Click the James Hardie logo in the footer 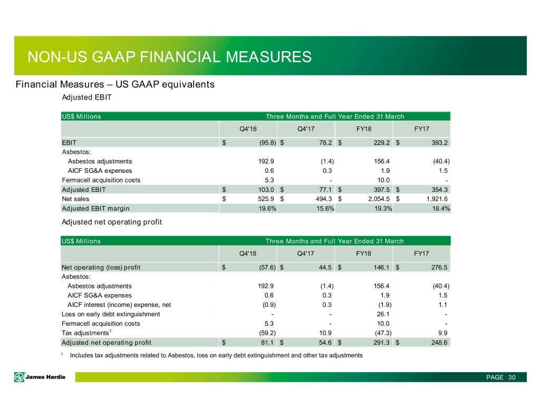[x=40, y=377]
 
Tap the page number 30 [x=512, y=377]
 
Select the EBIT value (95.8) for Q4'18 [x=267, y=142]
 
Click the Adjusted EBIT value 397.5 [x=382, y=190]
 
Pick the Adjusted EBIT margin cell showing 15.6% [x=325, y=208]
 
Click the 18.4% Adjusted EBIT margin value [x=441, y=208]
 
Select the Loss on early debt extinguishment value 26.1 [x=383, y=314]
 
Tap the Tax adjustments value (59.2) [x=267, y=333]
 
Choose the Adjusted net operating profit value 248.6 [x=439, y=343]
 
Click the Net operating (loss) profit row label [x=101, y=268]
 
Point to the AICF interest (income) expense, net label [x=119, y=305]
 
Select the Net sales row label [x=75, y=199]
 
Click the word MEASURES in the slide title [x=268, y=57]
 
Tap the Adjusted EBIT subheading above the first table [x=87, y=98]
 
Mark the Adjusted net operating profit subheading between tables [x=112, y=222]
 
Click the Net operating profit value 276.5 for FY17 [x=439, y=268]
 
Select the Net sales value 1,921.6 [x=436, y=199]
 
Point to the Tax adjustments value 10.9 [x=325, y=333]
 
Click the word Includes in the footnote [x=82, y=355]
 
